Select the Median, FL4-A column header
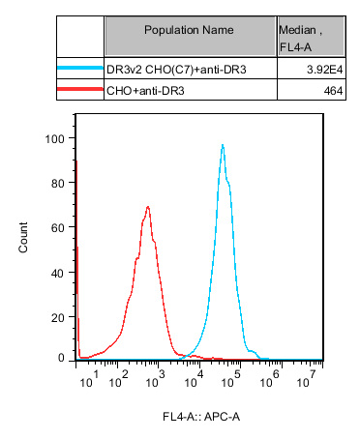303,36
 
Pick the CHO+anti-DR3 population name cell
145,90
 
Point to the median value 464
317,90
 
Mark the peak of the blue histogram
223,145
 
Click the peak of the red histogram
148,206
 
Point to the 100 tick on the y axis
56,138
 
